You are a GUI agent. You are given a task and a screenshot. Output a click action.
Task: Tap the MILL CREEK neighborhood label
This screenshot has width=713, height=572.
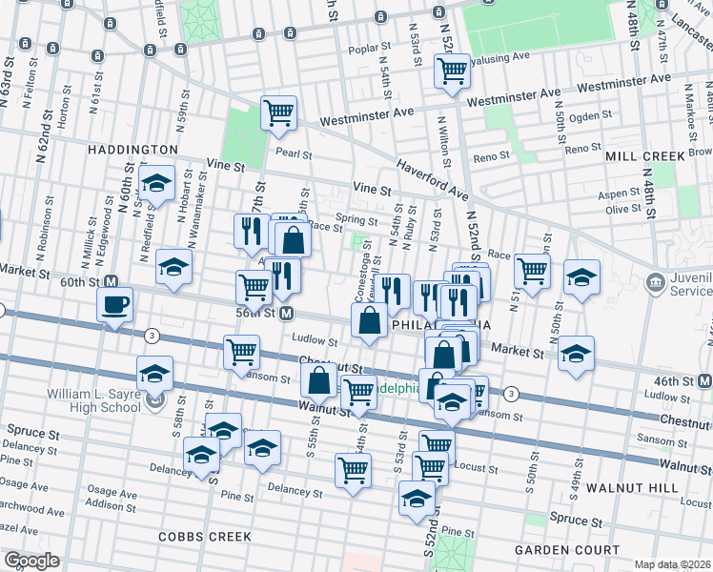(x=644, y=155)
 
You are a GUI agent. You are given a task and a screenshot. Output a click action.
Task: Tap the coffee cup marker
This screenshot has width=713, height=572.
(x=115, y=305)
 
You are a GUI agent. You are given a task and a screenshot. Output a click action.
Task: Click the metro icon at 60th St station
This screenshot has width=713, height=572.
(x=111, y=282)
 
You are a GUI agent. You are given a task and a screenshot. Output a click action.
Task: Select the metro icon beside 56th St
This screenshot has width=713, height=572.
(x=286, y=313)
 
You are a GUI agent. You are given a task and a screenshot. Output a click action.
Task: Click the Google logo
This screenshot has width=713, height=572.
(x=31, y=560)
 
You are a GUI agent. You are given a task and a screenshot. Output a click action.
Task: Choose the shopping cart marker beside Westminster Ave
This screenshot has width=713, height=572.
(x=278, y=112)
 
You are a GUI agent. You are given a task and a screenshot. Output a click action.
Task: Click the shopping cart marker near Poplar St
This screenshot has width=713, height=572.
(x=452, y=70)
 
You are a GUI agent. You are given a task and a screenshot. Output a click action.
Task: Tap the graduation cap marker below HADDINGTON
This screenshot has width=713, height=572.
(x=156, y=183)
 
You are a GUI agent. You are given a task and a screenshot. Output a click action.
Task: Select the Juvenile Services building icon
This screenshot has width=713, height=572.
(x=656, y=282)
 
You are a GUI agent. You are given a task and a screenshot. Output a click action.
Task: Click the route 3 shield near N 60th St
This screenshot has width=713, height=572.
(x=152, y=335)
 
